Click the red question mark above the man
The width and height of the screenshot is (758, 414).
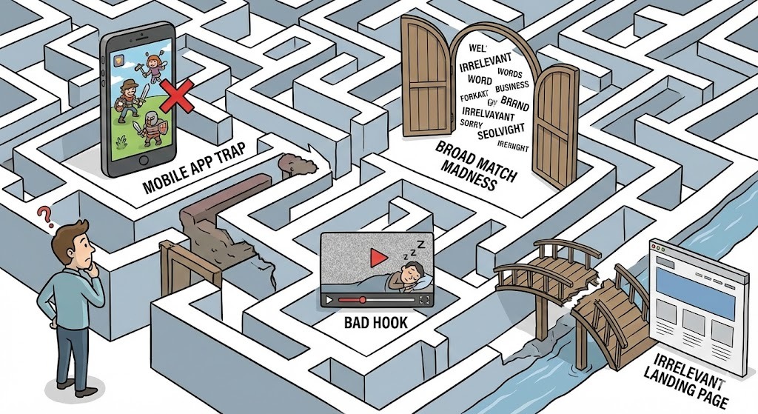click(x=47, y=216)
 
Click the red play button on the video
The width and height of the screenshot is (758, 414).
click(x=378, y=257)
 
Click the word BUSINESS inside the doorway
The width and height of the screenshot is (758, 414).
click(x=512, y=87)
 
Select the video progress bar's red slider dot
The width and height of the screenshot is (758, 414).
click(x=363, y=300)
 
